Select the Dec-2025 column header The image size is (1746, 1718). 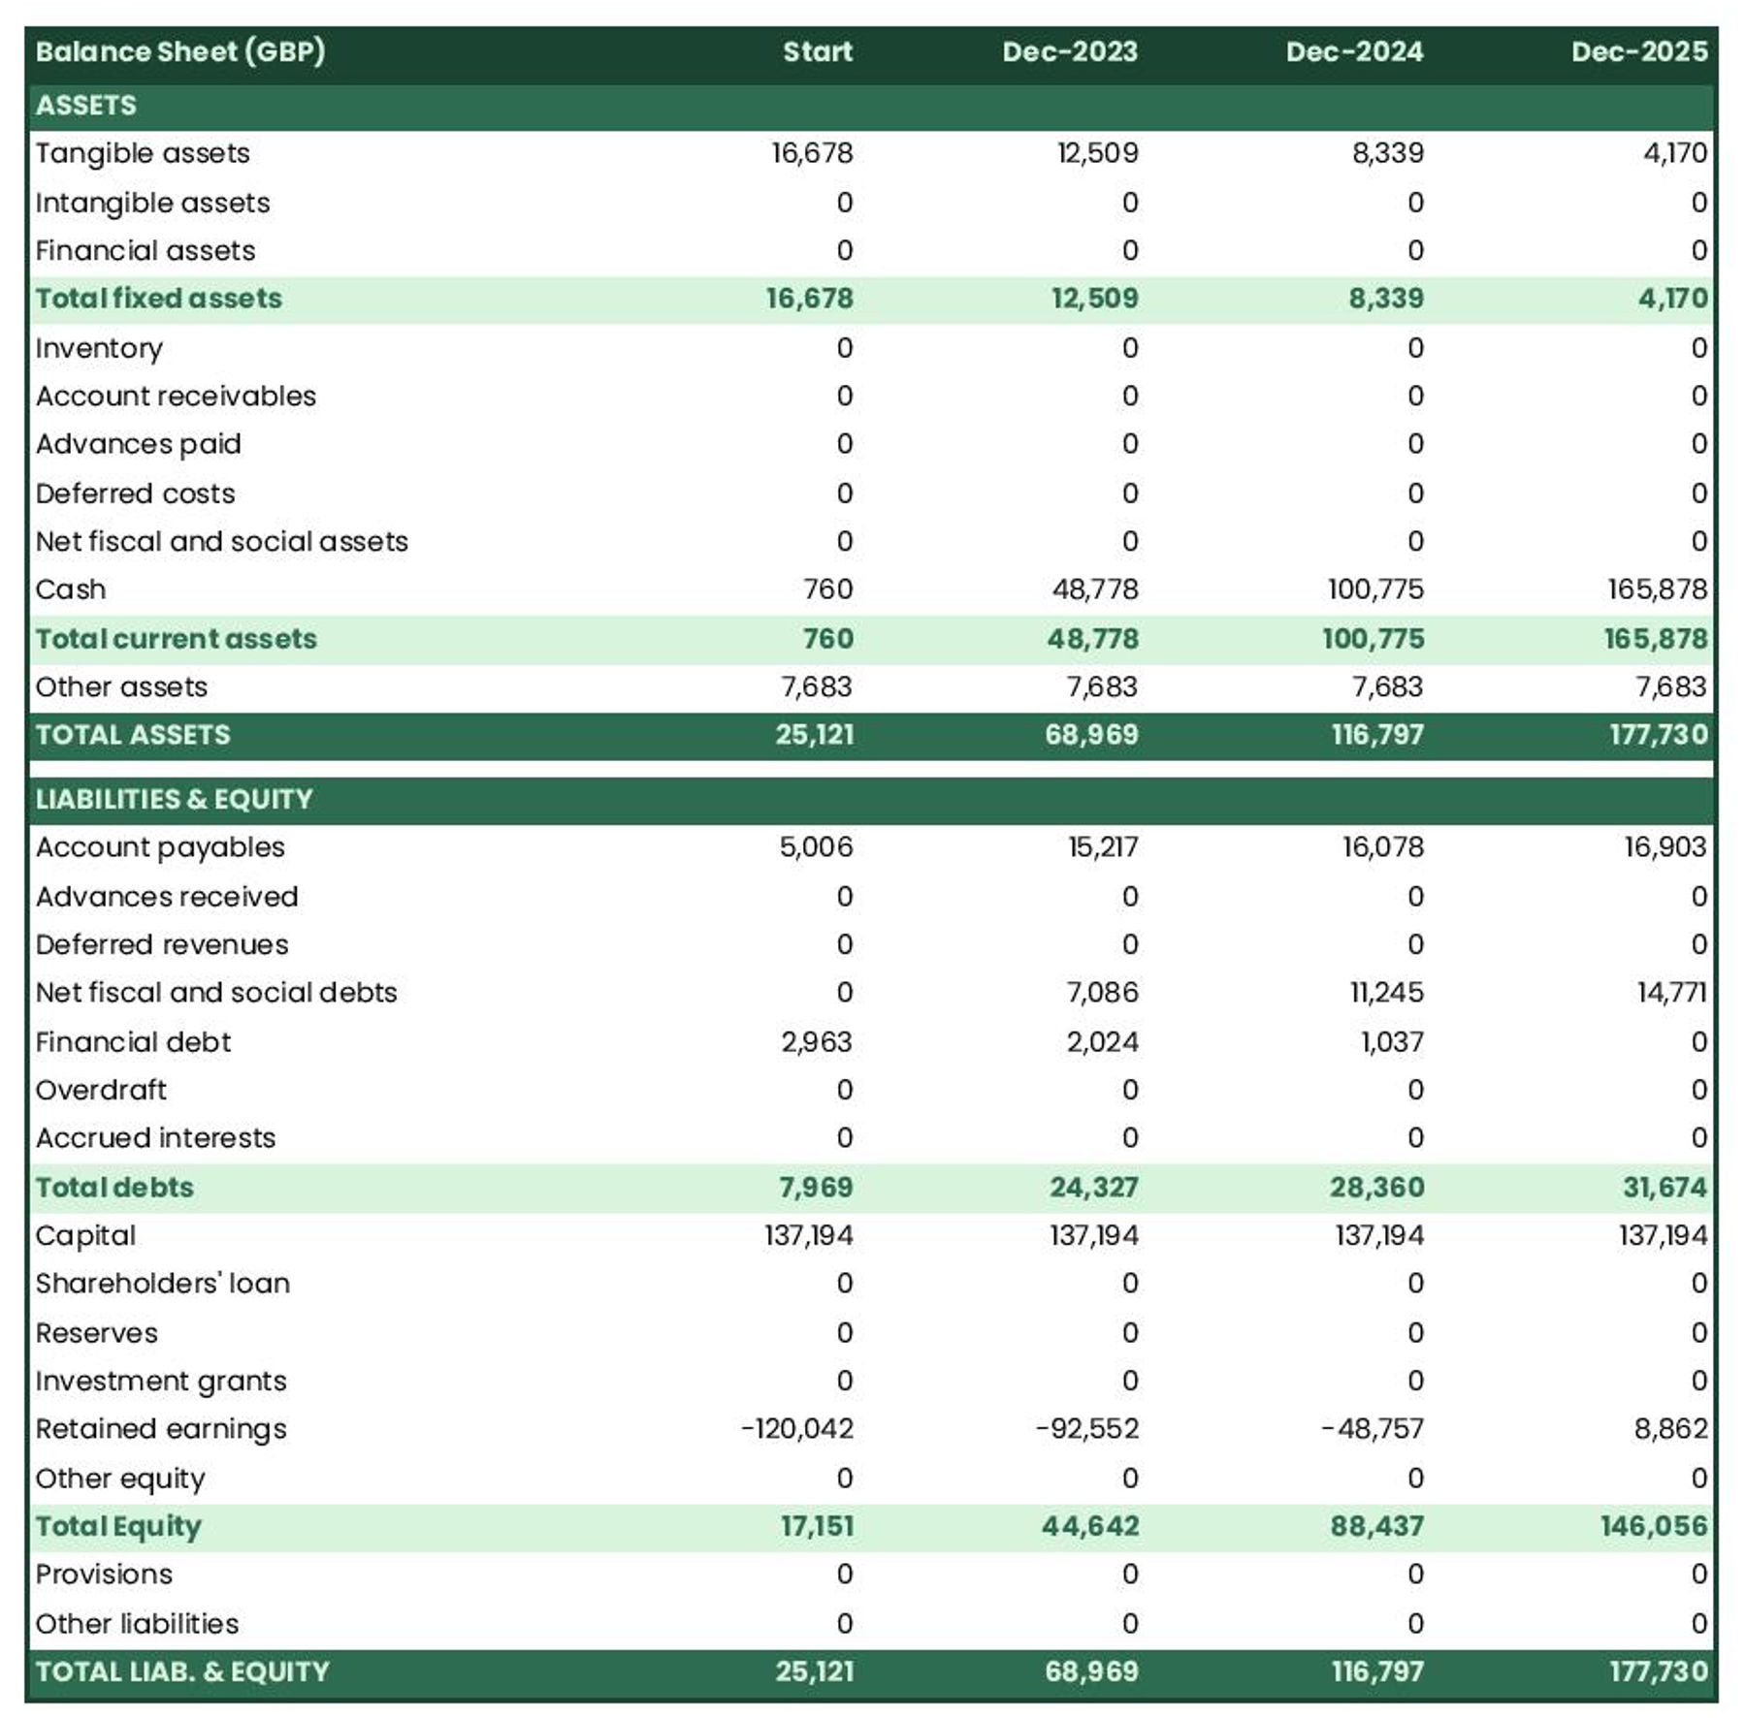click(x=1638, y=51)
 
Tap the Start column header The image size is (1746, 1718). click(x=817, y=51)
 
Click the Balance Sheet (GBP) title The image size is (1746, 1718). click(x=180, y=51)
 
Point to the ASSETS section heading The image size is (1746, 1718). click(x=86, y=105)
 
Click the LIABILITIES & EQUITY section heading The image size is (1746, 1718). click(x=175, y=799)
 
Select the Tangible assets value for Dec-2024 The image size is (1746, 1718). click(x=1387, y=153)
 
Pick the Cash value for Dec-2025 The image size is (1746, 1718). click(x=1657, y=589)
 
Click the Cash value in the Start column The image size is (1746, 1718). click(x=827, y=589)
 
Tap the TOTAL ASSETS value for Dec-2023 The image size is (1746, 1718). click(x=1091, y=735)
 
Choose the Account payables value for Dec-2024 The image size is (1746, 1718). click(x=1382, y=847)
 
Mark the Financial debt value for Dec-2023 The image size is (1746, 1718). click(x=1102, y=1042)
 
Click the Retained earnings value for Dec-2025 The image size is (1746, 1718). click(x=1670, y=1429)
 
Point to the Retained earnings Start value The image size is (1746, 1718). click(x=797, y=1429)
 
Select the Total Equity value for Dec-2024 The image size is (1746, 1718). click(x=1376, y=1526)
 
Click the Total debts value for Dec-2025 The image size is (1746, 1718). click(x=1665, y=1188)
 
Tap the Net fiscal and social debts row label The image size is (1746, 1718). click(x=216, y=993)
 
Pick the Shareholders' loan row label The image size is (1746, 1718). click(x=163, y=1284)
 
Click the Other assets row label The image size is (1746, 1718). click(x=121, y=687)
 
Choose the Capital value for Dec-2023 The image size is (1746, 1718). click(x=1094, y=1236)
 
